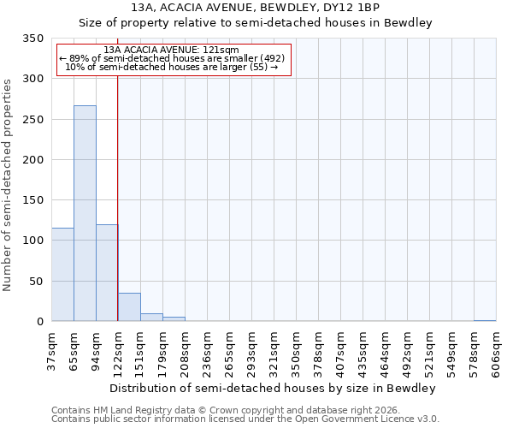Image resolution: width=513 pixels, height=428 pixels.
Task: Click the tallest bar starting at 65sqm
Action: (85, 213)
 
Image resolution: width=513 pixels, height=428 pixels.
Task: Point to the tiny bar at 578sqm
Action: (485, 320)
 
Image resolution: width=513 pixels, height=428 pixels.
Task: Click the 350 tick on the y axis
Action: (32, 39)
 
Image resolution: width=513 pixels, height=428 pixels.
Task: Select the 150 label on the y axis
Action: (32, 200)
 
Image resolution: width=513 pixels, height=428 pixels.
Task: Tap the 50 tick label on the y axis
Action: (36, 282)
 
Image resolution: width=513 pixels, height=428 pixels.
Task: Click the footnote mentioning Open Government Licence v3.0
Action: (245, 419)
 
